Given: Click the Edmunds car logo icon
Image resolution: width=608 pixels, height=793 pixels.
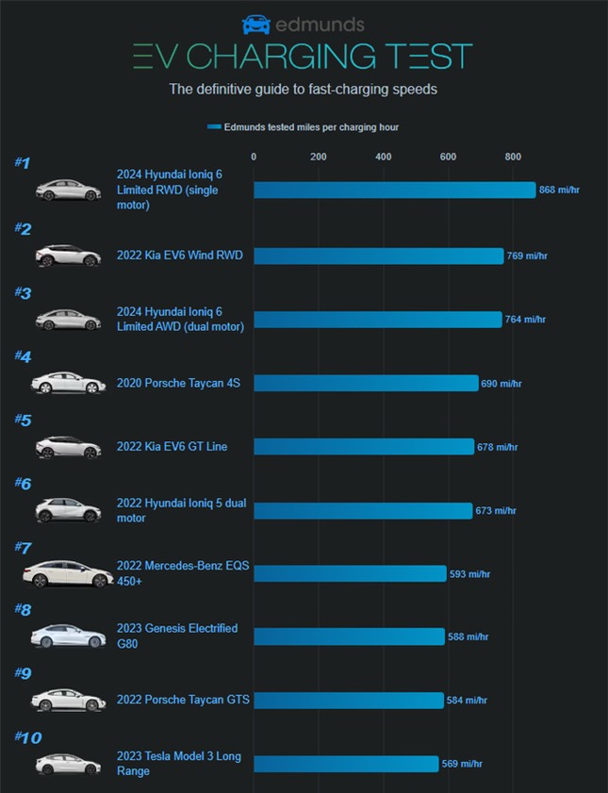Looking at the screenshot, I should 255,25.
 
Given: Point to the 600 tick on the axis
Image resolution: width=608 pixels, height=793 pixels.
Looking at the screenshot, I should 448,157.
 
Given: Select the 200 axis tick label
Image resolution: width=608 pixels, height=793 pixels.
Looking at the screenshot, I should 318,157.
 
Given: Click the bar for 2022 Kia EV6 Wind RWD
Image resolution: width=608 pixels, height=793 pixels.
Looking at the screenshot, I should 379,256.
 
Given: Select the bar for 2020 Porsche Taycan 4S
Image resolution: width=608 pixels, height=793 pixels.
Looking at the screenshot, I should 366,383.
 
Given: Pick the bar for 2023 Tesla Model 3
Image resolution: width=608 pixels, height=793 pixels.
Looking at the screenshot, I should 346,764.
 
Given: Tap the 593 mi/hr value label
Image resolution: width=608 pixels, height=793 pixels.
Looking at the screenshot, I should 470,574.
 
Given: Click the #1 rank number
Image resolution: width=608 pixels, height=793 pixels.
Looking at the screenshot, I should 23,163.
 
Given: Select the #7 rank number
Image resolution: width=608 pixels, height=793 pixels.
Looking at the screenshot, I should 24,547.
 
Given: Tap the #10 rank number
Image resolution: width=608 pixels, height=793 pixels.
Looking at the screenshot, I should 27,737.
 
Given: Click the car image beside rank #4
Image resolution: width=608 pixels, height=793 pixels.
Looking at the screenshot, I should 68,383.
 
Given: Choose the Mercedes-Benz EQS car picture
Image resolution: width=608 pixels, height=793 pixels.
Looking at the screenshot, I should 68,573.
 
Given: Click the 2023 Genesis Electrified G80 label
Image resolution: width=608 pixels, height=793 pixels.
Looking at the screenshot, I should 177,636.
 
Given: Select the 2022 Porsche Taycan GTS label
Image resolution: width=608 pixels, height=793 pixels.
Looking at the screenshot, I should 183,700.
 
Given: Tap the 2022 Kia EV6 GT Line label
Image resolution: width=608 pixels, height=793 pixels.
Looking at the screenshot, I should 172,446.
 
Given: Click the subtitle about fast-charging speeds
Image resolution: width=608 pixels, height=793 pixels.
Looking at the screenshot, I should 303,91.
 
